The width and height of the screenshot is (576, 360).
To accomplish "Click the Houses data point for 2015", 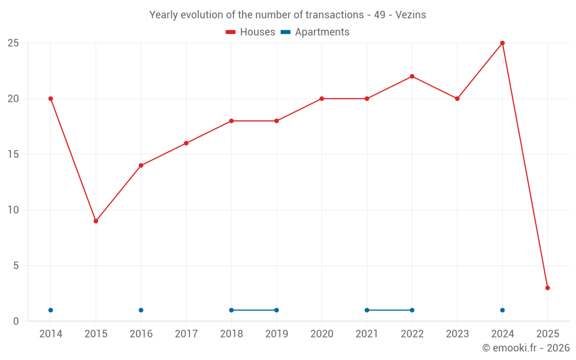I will (x=96, y=221).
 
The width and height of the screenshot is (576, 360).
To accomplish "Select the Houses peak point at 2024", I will (x=502, y=43).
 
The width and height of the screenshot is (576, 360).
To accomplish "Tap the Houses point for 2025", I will (x=548, y=288).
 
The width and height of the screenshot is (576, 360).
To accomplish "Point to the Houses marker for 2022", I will (x=412, y=77).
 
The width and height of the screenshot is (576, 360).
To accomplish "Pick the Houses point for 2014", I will (x=51, y=98).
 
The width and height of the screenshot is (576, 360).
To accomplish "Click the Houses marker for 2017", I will (x=186, y=143).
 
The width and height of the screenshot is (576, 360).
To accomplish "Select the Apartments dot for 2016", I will (x=141, y=310).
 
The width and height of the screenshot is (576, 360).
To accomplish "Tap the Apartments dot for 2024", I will (x=502, y=310).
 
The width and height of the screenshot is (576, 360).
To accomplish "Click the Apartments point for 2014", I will (x=51, y=310).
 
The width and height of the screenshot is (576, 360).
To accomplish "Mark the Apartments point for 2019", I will (x=276, y=310).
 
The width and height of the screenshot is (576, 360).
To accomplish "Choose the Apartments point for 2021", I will (x=367, y=310).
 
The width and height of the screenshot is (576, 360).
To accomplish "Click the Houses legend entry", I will (x=251, y=32).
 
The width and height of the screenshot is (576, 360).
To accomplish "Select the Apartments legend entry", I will (x=315, y=32).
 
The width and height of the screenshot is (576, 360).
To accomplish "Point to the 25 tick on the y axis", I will (x=13, y=43).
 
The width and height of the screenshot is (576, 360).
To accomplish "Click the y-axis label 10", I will (x=13, y=210).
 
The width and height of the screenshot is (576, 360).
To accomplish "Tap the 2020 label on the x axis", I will (x=322, y=334).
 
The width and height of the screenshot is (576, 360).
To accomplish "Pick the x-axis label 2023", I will (x=457, y=334).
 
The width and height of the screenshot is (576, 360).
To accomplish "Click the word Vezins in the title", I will (x=411, y=15).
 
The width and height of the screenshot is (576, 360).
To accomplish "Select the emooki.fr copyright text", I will (x=526, y=348).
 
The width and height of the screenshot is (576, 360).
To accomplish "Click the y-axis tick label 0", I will (x=16, y=321).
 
